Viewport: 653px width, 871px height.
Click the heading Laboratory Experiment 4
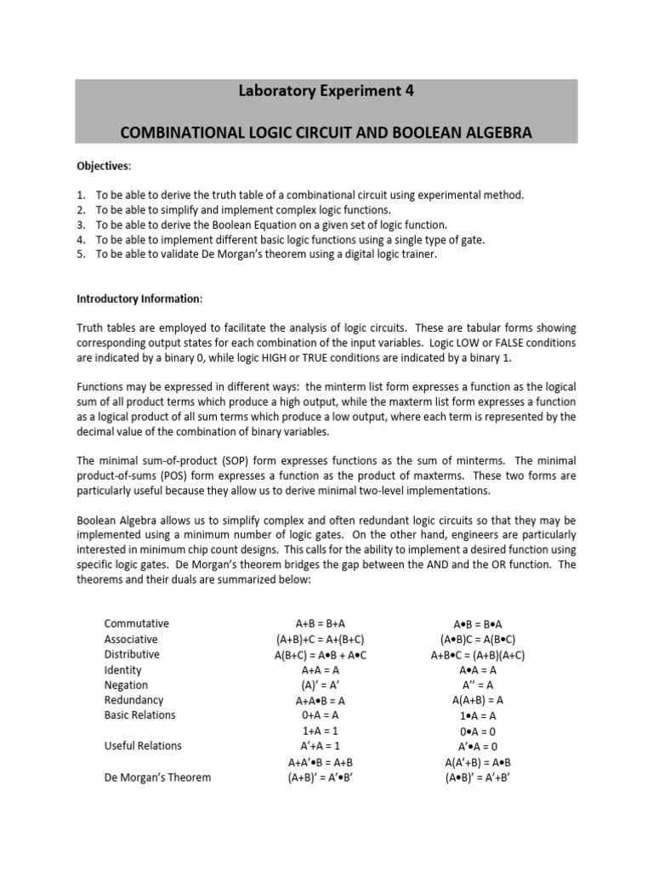pyautogui.click(x=326, y=92)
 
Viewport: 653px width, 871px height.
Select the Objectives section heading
pyautogui.click(x=105, y=165)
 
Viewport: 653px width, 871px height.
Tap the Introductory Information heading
pyautogui.click(x=140, y=299)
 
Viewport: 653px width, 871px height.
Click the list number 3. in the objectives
pyautogui.click(x=82, y=225)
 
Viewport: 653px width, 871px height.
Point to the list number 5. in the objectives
pyautogui.click(x=82, y=254)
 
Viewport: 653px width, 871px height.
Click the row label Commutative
pyautogui.click(x=137, y=623)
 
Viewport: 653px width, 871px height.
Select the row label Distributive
pyautogui.click(x=132, y=654)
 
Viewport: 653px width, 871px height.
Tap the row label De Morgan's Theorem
pyautogui.click(x=157, y=777)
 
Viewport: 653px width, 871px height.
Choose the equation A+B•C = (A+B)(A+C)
pyautogui.click(x=477, y=655)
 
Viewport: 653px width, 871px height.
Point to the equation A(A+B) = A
pyautogui.click(x=477, y=700)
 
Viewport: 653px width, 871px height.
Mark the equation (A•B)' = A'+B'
pyautogui.click(x=477, y=777)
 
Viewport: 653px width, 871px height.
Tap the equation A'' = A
pyautogui.click(x=477, y=685)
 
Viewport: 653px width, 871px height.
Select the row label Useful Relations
pyautogui.click(x=143, y=746)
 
